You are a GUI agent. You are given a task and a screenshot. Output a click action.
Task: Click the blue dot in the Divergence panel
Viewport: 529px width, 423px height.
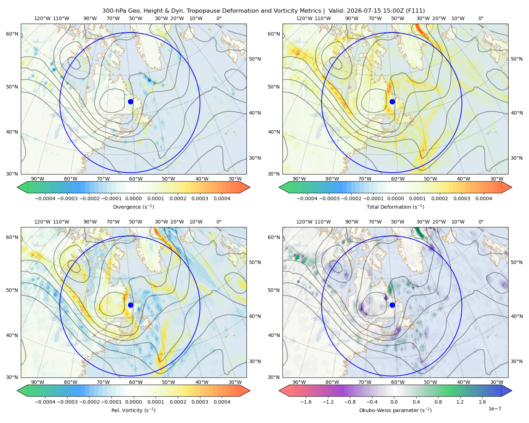130,102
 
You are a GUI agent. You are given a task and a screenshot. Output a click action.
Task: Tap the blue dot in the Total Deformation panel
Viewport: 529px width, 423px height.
392,102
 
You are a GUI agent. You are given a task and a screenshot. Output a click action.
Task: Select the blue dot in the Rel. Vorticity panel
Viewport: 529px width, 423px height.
130,305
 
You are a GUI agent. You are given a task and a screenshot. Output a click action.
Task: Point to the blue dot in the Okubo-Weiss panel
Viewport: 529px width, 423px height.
392,305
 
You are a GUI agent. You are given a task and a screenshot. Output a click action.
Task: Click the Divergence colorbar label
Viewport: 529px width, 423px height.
133,207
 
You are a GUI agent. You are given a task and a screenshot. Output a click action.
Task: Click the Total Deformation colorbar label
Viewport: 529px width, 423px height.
395,207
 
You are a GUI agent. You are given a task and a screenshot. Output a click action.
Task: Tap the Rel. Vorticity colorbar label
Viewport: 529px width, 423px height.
133,410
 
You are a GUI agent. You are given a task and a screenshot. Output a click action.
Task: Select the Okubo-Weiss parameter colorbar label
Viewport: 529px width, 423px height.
395,410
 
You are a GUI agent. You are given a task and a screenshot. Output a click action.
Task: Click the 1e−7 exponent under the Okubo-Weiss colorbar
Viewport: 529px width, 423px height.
494,409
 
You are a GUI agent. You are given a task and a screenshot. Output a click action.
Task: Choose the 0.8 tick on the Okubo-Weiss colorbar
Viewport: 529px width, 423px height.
438,402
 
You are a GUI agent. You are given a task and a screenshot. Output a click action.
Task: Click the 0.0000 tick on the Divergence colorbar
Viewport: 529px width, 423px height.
133,198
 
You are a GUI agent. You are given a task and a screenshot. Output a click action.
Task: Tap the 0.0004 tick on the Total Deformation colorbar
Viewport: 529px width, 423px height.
484,198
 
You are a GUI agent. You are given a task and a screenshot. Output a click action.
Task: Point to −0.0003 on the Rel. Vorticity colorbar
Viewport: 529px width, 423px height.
67,402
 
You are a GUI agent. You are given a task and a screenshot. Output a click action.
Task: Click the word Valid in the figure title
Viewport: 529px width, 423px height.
336,11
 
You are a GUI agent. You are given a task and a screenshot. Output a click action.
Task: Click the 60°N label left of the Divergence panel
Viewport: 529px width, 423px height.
12,34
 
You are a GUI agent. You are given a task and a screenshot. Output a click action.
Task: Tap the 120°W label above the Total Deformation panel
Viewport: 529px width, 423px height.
304,18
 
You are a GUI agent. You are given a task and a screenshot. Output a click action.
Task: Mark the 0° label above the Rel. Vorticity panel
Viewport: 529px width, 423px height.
219,222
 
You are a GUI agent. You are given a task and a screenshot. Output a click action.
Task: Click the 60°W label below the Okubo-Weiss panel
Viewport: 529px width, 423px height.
397,382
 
